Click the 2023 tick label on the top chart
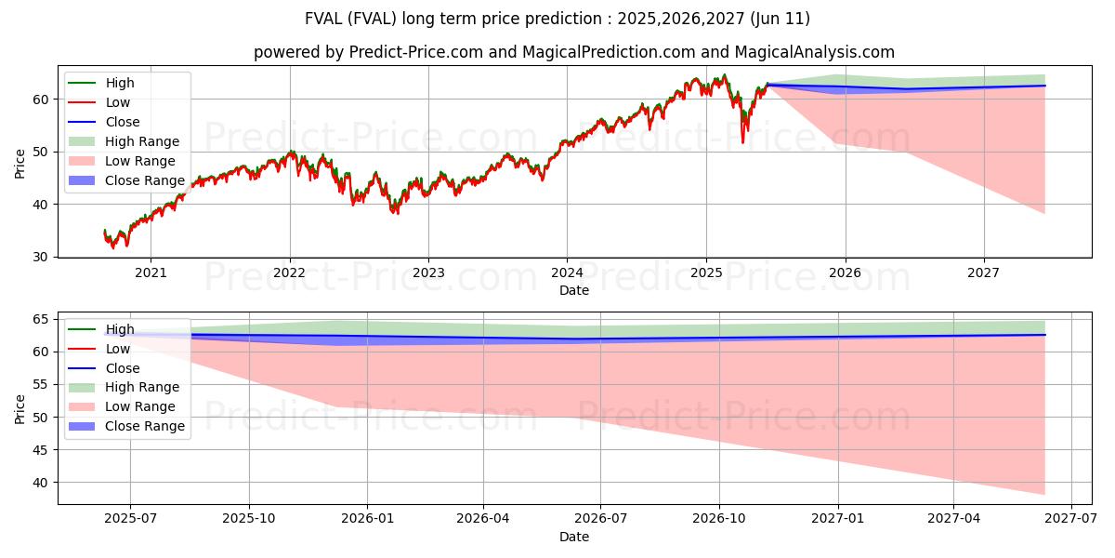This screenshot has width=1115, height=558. [428, 272]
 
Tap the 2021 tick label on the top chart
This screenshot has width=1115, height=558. [151, 272]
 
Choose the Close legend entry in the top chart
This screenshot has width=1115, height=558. [123, 122]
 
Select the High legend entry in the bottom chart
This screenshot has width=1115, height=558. [120, 329]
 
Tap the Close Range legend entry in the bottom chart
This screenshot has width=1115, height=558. [145, 426]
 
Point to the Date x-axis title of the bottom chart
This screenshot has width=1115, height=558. [574, 537]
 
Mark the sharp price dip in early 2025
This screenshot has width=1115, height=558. [742, 139]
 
